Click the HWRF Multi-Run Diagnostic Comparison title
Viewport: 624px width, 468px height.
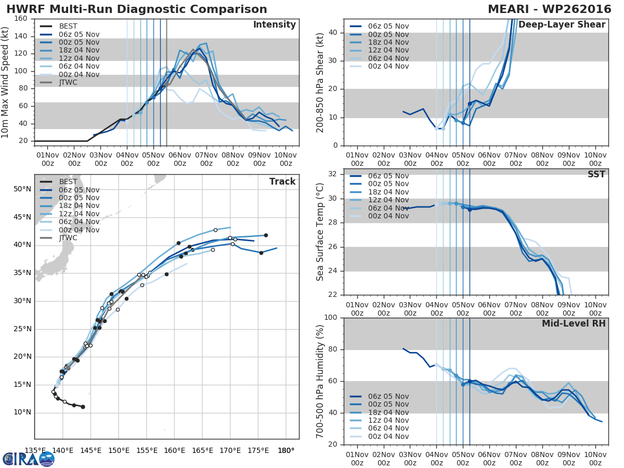pyautogui.click(x=137, y=9)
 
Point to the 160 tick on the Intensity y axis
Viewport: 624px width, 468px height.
pyautogui.click(x=21, y=19)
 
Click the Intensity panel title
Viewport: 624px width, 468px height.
pyautogui.click(x=274, y=25)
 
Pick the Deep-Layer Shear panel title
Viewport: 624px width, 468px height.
pyautogui.click(x=562, y=25)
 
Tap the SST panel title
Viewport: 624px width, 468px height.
pyautogui.click(x=596, y=174)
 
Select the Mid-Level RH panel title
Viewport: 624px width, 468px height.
pyautogui.click(x=574, y=323)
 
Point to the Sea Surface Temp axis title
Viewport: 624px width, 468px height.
pyautogui.click(x=320, y=231)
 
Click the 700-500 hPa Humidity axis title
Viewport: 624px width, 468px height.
pyautogui.click(x=320, y=381)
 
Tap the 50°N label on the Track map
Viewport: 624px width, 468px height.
pyautogui.click(x=22, y=189)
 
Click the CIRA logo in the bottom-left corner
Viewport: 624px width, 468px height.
pyautogui.click(x=28, y=459)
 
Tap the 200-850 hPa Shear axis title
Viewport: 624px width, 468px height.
pyautogui.click(x=320, y=82)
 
